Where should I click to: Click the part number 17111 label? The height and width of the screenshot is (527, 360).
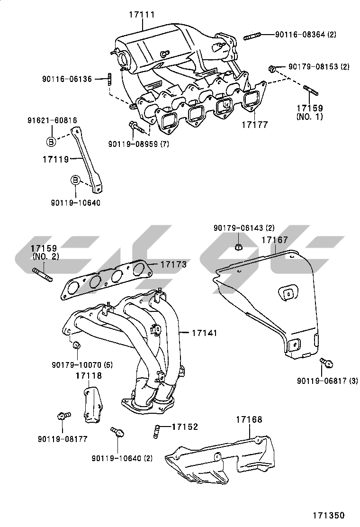tap(142, 15)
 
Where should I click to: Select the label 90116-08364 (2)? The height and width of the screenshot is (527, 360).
tap(306, 35)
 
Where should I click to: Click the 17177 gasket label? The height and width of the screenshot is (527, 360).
tap(254, 125)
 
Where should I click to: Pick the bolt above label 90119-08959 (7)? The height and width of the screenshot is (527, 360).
tap(134, 127)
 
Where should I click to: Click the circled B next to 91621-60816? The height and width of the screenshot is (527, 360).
tap(51, 141)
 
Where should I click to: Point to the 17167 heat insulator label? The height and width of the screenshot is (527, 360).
tap(274, 240)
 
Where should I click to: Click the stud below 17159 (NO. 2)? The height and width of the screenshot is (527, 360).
tap(42, 274)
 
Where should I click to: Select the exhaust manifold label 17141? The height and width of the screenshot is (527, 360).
tap(204, 333)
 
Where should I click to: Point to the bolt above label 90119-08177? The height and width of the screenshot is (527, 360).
tap(63, 416)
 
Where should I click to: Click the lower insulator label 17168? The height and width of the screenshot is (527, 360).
tap(249, 420)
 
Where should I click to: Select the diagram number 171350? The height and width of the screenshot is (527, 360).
tap(328, 515)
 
